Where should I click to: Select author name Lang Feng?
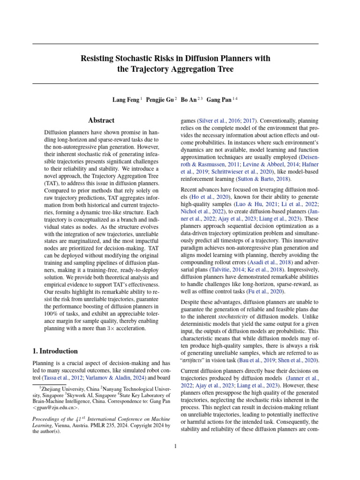click(125, 100)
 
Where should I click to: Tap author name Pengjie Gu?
click(159, 100)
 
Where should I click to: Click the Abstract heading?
click(102, 121)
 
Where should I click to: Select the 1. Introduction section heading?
click(55, 351)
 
